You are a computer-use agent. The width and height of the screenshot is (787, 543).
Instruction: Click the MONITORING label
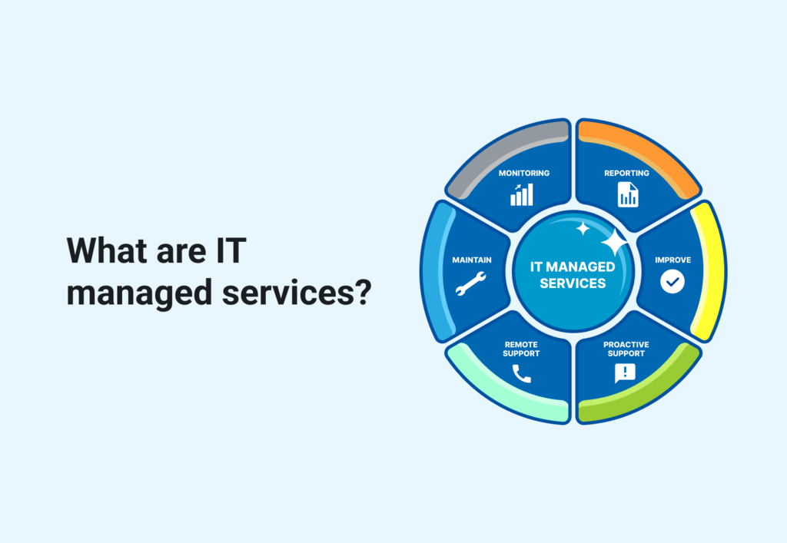(523, 173)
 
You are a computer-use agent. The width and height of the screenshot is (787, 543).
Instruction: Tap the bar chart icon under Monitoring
(521, 194)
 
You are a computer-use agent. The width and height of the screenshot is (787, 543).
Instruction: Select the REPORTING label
(626, 173)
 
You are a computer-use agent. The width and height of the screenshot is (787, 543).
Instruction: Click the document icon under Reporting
(628, 194)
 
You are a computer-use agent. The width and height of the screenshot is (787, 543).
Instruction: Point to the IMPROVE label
(672, 260)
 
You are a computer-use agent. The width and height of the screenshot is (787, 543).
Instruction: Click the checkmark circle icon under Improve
(672, 282)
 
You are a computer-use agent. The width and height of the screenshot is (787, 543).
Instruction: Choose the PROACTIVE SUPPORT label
(626, 349)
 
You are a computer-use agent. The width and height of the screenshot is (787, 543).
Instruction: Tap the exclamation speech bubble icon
(625, 373)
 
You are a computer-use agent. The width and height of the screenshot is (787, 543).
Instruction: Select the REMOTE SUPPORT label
(521, 349)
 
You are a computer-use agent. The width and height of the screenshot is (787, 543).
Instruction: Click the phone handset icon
(521, 373)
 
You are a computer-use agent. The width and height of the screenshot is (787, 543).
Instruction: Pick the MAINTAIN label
(471, 260)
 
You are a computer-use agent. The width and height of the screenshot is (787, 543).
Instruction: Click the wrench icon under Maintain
(470, 283)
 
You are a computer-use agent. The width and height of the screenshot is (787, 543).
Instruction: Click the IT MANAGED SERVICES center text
(573, 274)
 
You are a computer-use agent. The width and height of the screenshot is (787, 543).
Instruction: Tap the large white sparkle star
(614, 243)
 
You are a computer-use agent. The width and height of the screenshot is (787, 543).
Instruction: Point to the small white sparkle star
(583, 228)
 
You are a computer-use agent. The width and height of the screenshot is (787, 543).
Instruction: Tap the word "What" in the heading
(105, 250)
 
